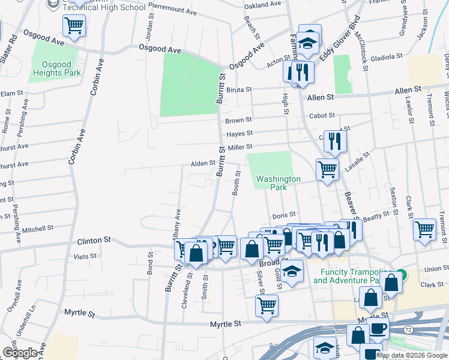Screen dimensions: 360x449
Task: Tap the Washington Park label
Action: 278,183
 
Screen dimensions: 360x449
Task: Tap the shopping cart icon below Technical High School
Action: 74,26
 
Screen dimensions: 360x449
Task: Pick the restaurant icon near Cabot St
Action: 335,142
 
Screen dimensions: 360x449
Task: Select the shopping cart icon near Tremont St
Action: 425,229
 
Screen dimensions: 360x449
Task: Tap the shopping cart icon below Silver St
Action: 267,304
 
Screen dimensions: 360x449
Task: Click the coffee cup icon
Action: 378,328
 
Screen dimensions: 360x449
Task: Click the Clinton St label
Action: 94,240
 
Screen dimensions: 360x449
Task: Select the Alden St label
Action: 203,163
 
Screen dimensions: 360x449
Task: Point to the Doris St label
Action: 284,214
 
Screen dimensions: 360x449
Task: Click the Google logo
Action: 20,353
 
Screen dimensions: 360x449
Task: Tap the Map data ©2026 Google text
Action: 411,355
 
